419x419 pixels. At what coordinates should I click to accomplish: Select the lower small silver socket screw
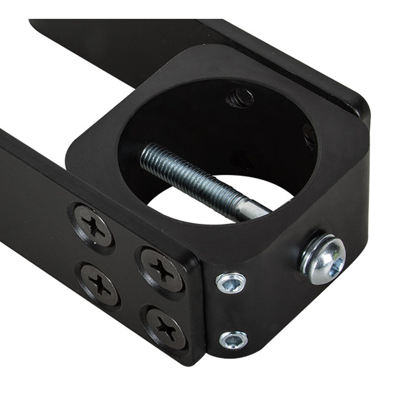pyautogui.click(x=233, y=338)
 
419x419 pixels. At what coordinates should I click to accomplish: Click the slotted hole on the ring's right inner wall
pyautogui.click(x=309, y=140)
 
